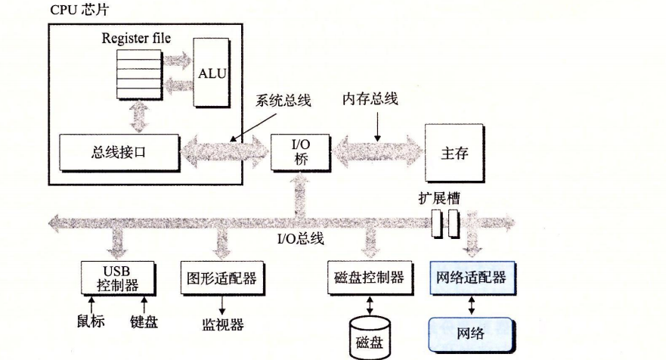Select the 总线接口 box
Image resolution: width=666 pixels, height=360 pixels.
coord(119,151)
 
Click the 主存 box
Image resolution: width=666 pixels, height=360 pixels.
coord(454,152)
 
